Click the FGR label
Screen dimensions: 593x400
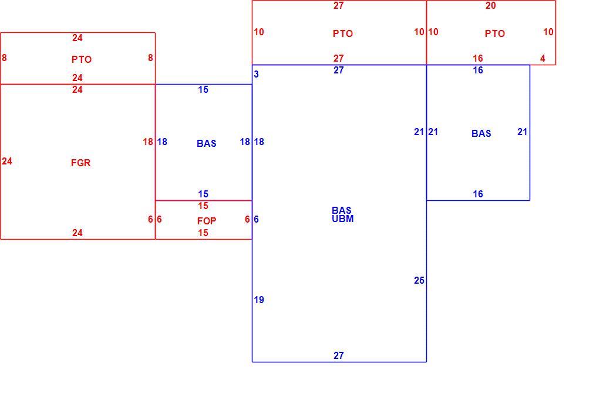coord(80,163)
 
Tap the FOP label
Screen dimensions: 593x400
coord(207,221)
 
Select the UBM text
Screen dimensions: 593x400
coord(343,219)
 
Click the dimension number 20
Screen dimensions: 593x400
coord(490,6)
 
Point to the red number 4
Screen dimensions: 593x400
coord(543,58)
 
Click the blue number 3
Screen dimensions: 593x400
coord(256,74)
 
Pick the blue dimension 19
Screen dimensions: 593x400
coord(259,300)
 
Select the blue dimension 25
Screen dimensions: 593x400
coord(419,280)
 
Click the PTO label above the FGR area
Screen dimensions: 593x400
coord(82,59)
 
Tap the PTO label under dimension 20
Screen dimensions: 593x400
coord(495,33)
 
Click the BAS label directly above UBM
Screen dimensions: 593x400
coord(342,210)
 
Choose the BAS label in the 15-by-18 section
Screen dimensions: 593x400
coord(207,143)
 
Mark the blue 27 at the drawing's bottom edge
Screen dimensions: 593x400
coord(338,355)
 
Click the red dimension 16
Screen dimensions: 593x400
coord(478,58)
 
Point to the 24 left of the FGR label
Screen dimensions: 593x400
coord(7,161)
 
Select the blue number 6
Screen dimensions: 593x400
coord(256,220)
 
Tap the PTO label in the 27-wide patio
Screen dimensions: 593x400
coord(343,33)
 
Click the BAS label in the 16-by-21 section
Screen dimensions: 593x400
coord(481,133)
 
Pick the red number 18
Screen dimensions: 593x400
coord(148,142)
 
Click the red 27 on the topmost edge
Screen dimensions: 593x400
coord(338,6)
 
